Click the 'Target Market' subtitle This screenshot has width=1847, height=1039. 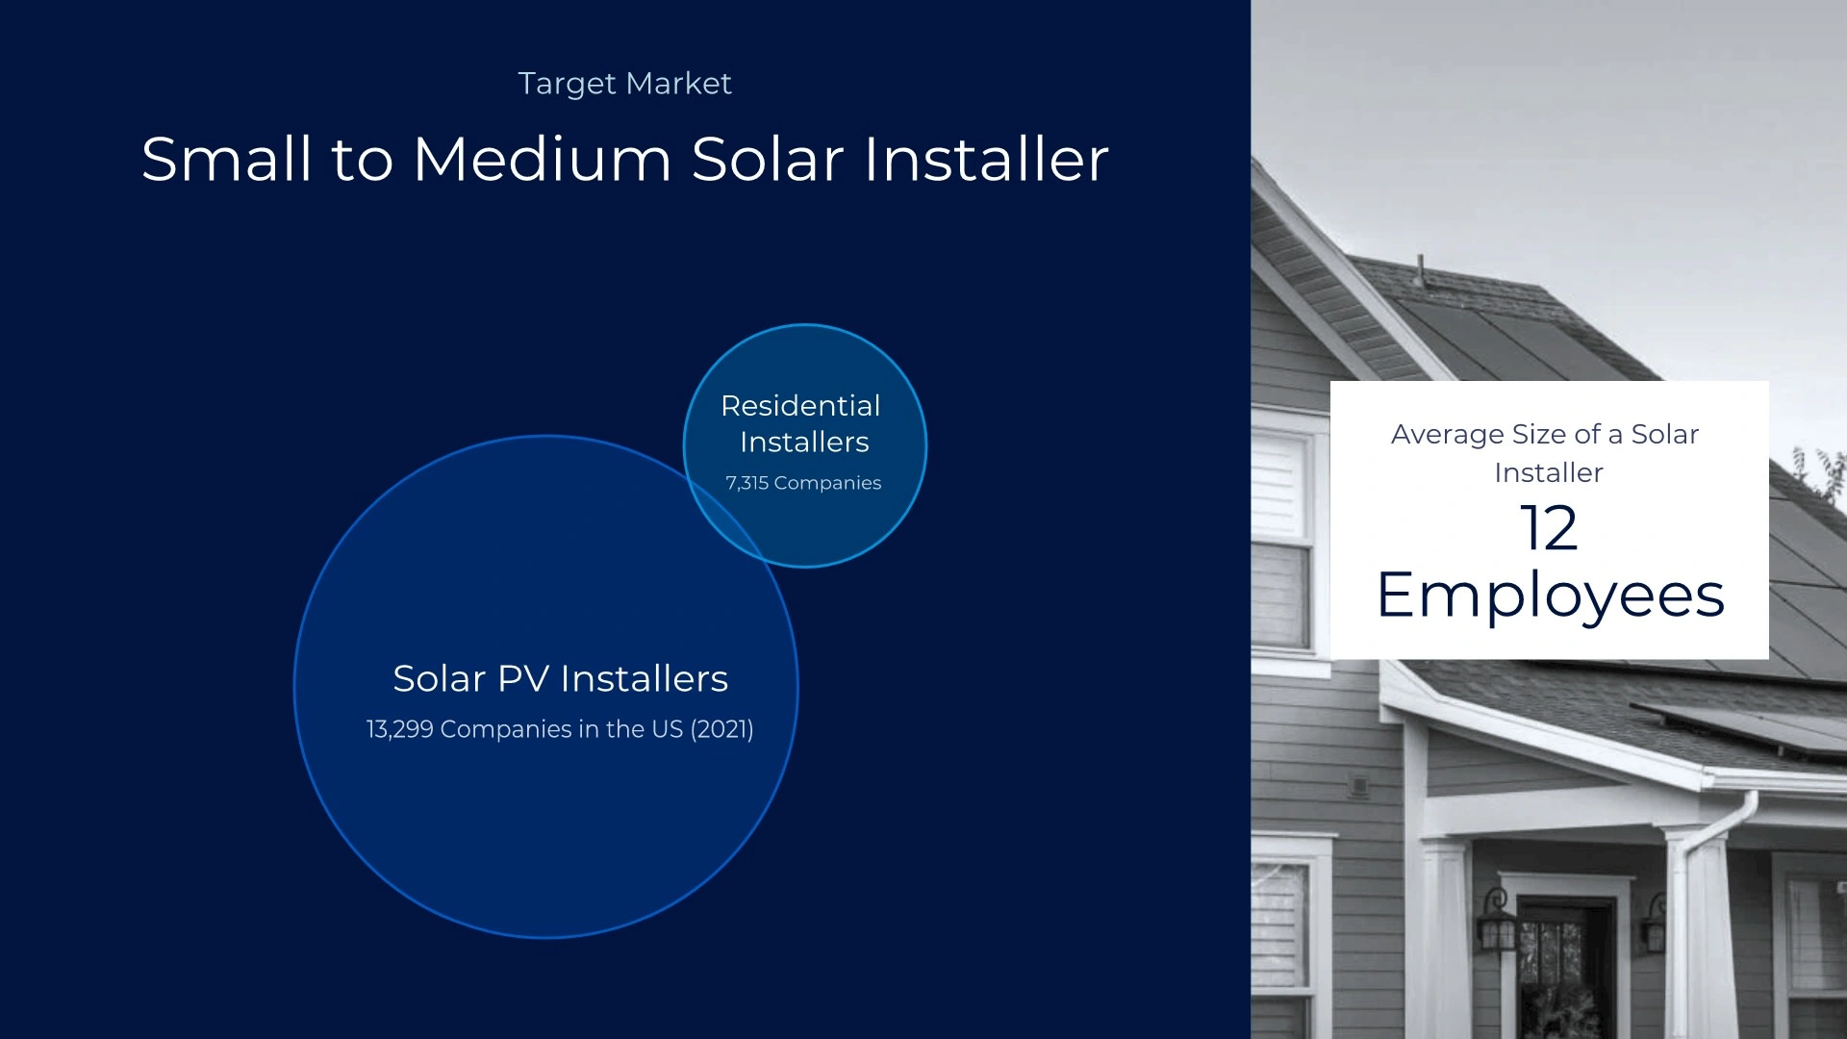[624, 84]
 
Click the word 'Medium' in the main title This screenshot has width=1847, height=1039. [542, 159]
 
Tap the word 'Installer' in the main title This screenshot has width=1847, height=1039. [986, 159]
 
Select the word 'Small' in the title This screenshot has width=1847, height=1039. [227, 159]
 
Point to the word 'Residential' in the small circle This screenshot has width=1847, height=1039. [800, 406]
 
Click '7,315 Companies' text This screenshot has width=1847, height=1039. [803, 483]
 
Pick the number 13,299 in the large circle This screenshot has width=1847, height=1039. [399, 729]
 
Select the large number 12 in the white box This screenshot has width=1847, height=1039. [1549, 528]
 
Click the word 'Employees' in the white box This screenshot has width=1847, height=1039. [1550, 596]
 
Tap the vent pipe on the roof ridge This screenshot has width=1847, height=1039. [1420, 270]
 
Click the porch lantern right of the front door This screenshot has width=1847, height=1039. [1655, 922]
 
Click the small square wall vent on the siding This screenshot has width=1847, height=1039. [1359, 786]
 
